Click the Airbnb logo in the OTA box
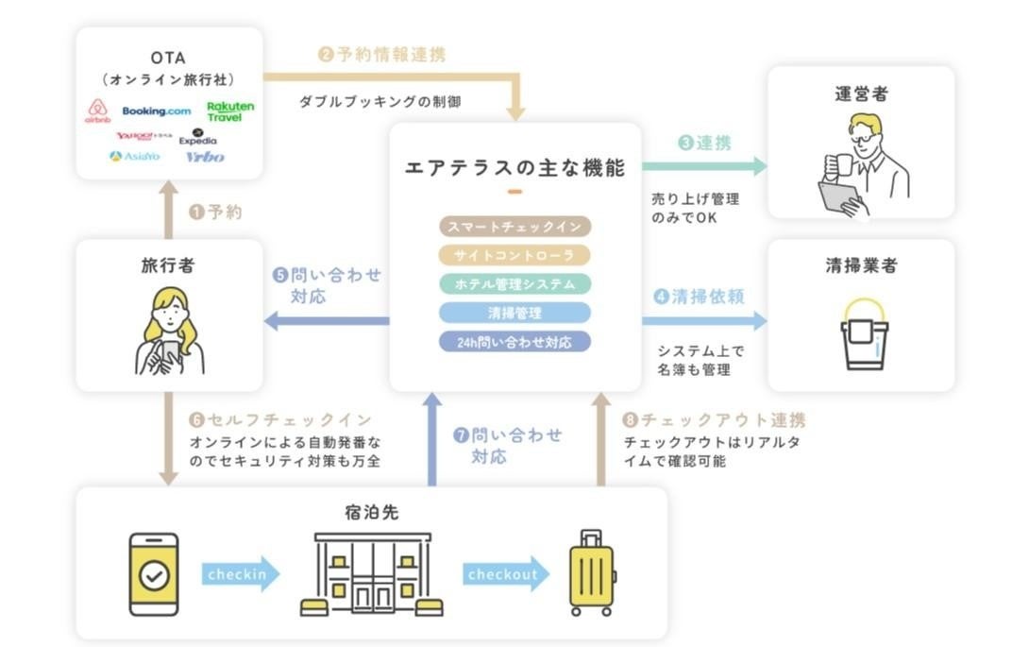(x=98, y=112)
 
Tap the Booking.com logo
(x=156, y=111)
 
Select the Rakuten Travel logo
(x=230, y=111)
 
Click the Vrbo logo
(x=205, y=157)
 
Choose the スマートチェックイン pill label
(x=514, y=226)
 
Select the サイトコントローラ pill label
(x=514, y=255)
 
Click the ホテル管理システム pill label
(x=514, y=283)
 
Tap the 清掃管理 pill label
(x=514, y=313)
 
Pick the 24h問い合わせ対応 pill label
(x=514, y=342)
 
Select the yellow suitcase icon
(x=590, y=573)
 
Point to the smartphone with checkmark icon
(x=152, y=573)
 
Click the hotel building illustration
(x=372, y=573)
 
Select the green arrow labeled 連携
(x=704, y=166)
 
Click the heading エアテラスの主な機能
(x=514, y=168)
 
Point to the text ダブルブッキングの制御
(x=380, y=101)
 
